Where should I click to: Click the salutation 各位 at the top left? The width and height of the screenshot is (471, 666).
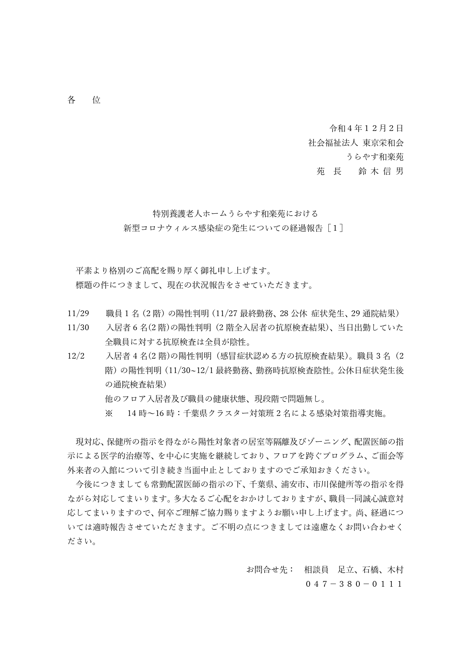pos(84,100)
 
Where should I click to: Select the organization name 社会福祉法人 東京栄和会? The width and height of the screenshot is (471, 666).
pos(356,143)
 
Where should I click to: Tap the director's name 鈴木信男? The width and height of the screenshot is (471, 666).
pos(381,171)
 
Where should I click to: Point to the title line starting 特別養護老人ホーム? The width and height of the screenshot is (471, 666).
pos(235,214)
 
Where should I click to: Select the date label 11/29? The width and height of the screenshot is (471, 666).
pos(78,313)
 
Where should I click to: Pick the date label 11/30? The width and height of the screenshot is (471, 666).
pos(78,327)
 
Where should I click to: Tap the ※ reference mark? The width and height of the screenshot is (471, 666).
pos(109,413)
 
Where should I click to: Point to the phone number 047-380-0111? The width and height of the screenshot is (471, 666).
pos(354,584)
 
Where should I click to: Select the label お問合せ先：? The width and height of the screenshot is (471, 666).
pos(270,570)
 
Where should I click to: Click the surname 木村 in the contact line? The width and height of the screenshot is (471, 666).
pos(395,570)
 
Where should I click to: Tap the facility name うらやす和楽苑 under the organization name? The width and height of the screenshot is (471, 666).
pos(374,157)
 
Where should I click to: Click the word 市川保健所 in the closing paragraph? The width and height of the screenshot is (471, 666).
pos(333,484)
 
